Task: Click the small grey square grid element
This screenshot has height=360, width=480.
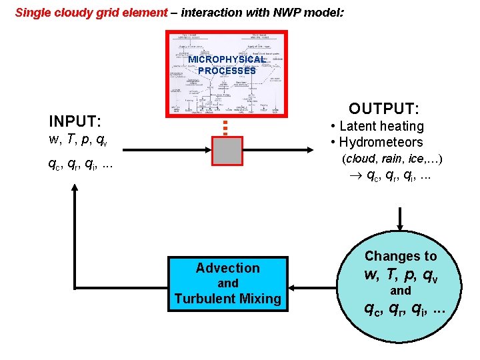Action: click(x=227, y=151)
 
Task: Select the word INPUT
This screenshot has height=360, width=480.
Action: click(x=75, y=121)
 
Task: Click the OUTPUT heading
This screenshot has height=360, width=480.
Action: click(x=384, y=108)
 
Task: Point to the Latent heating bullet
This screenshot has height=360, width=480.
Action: click(x=377, y=126)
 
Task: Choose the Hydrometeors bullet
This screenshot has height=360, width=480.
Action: click(x=377, y=142)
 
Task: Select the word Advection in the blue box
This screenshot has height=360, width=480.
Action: click(x=227, y=268)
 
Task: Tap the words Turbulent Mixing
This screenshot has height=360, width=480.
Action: click(x=227, y=299)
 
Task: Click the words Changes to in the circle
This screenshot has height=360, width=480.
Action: click(x=401, y=256)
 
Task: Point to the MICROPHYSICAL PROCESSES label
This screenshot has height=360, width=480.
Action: click(x=227, y=65)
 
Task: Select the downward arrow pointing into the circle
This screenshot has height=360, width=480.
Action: click(x=401, y=219)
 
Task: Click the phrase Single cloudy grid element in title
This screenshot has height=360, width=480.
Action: click(x=91, y=12)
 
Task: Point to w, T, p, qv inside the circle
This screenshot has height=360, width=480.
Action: click(x=401, y=273)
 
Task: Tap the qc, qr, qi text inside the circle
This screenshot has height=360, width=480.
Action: click(x=401, y=307)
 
